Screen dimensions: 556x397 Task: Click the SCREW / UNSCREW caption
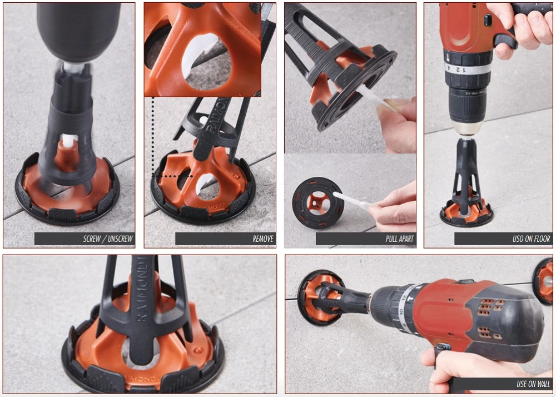coord(108,239)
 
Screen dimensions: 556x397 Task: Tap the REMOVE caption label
coord(263,239)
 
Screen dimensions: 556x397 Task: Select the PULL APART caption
coord(400,239)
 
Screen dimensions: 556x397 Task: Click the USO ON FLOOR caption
coord(531,239)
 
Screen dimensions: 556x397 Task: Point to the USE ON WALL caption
coord(533,384)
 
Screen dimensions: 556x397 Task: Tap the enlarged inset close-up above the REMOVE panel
coord(203,49)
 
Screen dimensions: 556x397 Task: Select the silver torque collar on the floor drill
coord(468,69)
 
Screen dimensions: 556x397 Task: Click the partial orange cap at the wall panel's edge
coord(545,281)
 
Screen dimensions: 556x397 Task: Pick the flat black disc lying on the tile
coord(318,203)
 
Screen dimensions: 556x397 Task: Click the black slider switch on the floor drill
coord(488,20)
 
